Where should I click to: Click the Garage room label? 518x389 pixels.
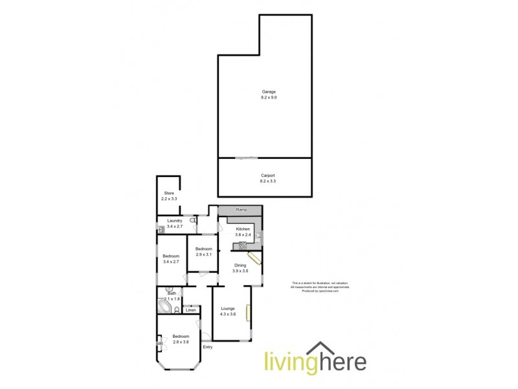click(x=259, y=92)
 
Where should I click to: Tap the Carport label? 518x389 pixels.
click(x=259, y=174)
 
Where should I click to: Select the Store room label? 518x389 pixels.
click(x=169, y=193)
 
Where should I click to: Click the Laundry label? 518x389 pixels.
click(x=174, y=220)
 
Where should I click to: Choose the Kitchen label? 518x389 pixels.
click(x=243, y=230)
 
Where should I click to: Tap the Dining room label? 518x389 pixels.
click(x=240, y=265)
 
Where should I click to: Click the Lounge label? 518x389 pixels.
click(x=228, y=309)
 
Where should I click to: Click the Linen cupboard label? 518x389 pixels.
click(x=190, y=311)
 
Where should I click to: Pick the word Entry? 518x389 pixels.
click(x=207, y=348)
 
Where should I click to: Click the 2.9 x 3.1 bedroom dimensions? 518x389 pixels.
click(x=204, y=255)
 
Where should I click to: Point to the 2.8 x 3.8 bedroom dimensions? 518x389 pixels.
click(x=181, y=342)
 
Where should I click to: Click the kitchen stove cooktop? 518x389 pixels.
click(x=243, y=245)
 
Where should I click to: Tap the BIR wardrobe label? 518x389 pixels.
click(x=159, y=344)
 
